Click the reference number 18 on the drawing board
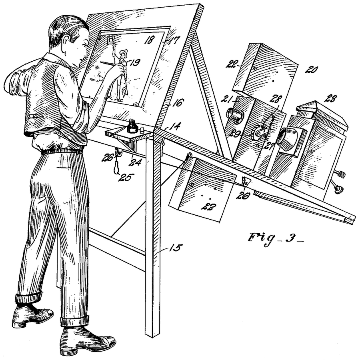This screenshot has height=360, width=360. pos(149,41)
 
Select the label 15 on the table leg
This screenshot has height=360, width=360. pos(176,248)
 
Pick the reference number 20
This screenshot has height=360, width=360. pos(311,69)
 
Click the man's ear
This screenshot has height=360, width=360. pos(67,42)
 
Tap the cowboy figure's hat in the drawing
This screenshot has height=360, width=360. pos(124,52)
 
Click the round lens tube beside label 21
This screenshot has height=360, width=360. pos(234,114)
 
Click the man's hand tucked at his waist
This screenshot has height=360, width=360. pos(39,144)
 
